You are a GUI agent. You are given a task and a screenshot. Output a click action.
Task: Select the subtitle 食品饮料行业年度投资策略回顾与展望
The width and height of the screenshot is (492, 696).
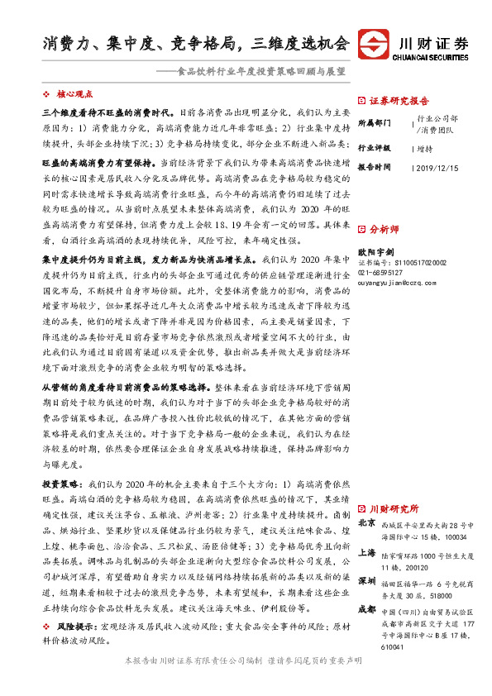point(262,72)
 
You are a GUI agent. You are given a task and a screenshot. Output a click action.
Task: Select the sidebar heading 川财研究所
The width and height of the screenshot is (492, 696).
point(394,508)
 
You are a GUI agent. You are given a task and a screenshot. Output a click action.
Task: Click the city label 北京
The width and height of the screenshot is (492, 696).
point(367,523)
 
